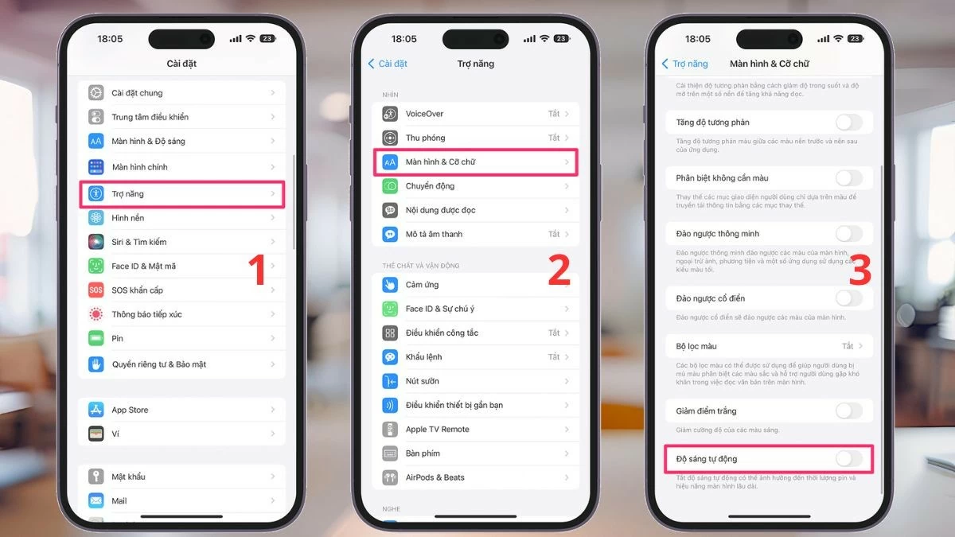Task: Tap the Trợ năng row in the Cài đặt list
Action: coord(181,194)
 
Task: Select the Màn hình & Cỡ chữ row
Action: coord(475,162)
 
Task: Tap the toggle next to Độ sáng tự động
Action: coord(848,459)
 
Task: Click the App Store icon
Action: coord(96,410)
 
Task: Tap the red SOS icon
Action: coord(96,290)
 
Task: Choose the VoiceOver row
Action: coord(475,114)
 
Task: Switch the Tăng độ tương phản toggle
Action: coord(848,123)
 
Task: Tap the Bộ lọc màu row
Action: coord(768,346)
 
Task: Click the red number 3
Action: coord(860,270)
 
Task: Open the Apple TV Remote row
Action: coord(475,430)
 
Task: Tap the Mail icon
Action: coord(96,501)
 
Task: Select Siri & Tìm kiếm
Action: coord(181,242)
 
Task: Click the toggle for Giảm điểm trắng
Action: coord(848,411)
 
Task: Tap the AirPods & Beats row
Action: coord(475,477)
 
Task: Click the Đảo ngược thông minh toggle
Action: coord(848,234)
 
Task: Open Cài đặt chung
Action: coord(181,93)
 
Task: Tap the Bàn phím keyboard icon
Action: coord(390,453)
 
